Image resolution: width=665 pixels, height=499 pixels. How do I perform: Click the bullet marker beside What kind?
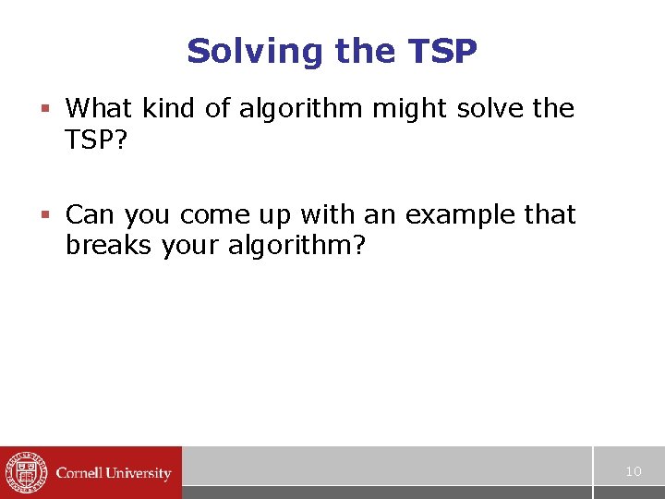point(43,109)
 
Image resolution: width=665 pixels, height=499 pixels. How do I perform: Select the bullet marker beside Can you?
point(43,215)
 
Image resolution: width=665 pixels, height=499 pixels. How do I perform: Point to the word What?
point(100,109)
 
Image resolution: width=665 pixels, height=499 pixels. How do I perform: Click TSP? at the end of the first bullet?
point(97,140)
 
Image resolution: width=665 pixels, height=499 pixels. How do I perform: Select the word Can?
point(91,215)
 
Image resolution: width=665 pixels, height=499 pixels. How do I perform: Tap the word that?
point(550,215)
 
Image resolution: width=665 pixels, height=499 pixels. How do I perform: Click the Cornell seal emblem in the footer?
point(25,472)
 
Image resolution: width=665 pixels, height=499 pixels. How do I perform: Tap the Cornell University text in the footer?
point(114,473)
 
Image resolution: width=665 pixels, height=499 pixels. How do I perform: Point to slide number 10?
point(633,471)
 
